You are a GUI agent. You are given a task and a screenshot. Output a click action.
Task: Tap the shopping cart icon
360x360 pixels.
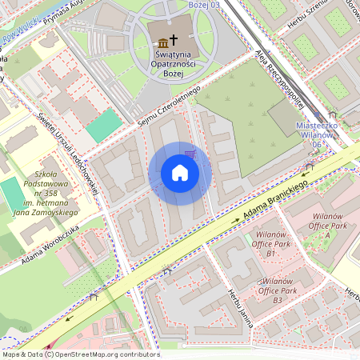click(x=190, y=154)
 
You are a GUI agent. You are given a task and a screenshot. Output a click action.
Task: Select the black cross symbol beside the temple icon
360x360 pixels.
click(x=174, y=42)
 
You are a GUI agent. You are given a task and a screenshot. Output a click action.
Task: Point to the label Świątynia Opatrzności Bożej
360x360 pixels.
click(x=169, y=62)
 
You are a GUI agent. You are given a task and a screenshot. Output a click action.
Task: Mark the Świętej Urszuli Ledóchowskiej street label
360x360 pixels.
click(x=67, y=153)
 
